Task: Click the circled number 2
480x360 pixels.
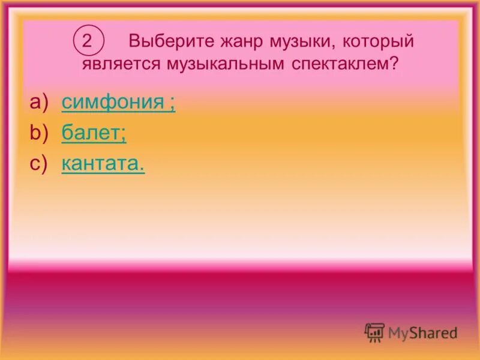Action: pos(88,41)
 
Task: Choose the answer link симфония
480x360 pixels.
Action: pos(113,103)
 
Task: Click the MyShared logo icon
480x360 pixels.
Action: pos(374,332)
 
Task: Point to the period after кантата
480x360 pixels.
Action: pos(142,169)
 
